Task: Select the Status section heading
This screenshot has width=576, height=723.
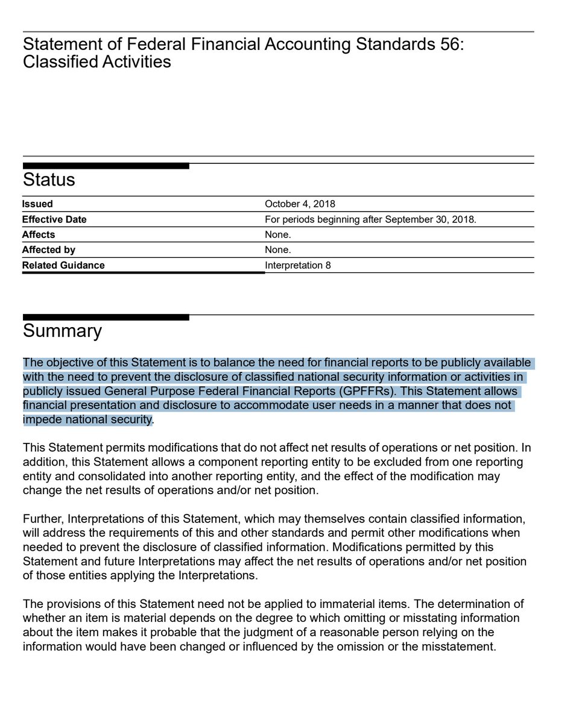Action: [49, 180]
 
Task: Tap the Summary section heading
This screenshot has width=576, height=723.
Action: [62, 331]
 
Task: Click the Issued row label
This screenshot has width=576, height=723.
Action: [37, 204]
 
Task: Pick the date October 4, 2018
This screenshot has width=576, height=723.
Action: [300, 204]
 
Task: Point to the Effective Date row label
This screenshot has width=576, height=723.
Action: [54, 219]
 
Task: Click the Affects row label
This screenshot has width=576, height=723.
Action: [39, 234]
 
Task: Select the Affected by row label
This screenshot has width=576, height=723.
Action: [49, 249]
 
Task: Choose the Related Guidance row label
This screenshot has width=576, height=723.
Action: [63, 265]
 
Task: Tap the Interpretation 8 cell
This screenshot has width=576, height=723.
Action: [298, 265]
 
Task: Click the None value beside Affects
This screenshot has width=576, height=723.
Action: [277, 234]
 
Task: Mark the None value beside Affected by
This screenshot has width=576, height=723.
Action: [277, 249]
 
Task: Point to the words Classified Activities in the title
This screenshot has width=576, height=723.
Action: [97, 61]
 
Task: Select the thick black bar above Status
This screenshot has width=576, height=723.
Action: [106, 166]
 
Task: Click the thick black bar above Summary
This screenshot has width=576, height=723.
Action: [106, 317]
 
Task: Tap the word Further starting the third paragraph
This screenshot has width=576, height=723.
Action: [43, 519]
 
